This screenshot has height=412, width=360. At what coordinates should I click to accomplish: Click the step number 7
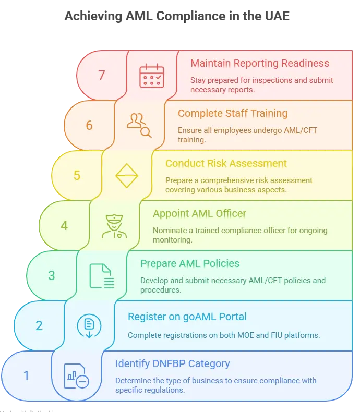pos(102,75)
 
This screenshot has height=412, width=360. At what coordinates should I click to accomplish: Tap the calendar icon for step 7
pos(152,75)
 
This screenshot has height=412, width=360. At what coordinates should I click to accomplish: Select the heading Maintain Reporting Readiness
pos(260,64)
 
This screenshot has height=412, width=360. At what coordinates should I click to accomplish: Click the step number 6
pos(89,125)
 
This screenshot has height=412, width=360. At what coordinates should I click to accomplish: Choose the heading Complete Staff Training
pos(233,114)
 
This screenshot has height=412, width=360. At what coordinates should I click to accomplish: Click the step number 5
pos(77,175)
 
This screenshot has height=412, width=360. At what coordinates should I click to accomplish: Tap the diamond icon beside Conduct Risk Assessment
pos(127,175)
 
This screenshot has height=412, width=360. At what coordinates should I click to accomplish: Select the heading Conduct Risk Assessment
pos(226,164)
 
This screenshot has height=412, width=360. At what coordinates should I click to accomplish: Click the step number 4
pos(64,225)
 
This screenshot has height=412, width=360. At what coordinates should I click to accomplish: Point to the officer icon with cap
pos(114,226)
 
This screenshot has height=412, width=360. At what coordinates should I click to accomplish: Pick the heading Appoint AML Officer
pos(200,214)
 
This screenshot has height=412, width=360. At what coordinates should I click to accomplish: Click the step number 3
pos(52,275)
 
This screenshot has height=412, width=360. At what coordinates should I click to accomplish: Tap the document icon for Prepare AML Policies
pos(102,276)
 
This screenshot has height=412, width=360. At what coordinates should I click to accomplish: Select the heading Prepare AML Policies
pos(190,264)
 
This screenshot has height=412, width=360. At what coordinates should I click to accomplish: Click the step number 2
pos(39,325)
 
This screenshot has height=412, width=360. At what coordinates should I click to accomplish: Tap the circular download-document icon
pos(89,326)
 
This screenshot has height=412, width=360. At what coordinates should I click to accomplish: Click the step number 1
pos(27,375)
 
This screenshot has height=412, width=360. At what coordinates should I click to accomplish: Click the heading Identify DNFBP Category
pos(173,364)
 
